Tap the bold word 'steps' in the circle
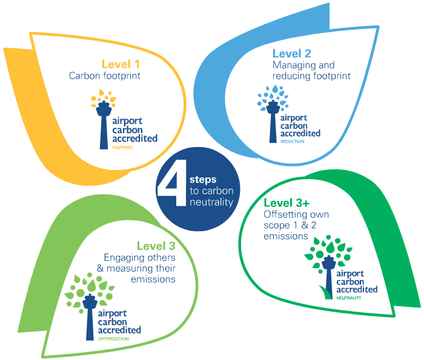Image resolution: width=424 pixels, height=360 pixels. coord(203,180)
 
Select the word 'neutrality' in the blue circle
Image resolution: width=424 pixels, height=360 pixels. coord(212,202)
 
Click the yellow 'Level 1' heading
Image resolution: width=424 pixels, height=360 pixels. coord(121,64)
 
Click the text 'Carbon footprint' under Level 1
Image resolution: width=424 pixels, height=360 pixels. coord(105,76)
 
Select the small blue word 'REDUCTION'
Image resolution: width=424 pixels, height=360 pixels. coord(292,141)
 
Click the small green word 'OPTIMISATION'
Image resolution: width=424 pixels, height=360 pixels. coord(113,339)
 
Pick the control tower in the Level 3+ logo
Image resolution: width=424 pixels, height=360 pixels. coord(329,276)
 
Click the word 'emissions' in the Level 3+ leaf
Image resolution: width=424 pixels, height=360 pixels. coord(286,236)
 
